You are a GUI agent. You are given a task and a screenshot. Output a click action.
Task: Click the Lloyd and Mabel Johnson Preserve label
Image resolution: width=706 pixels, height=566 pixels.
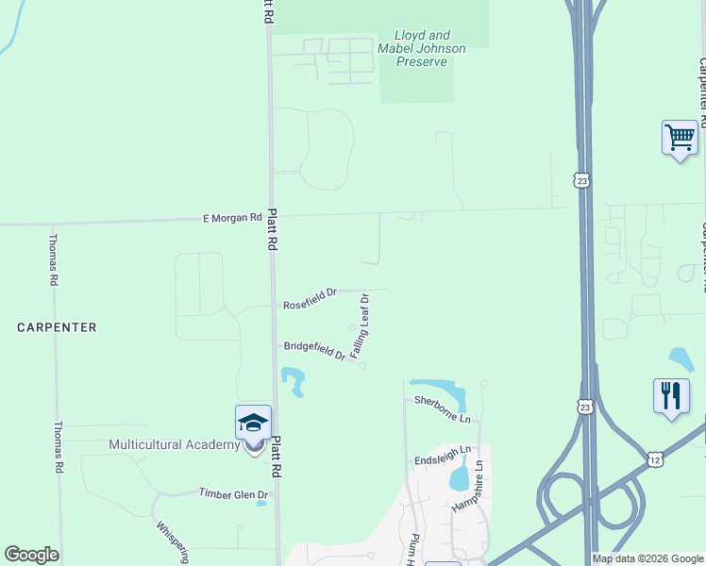point(421,48)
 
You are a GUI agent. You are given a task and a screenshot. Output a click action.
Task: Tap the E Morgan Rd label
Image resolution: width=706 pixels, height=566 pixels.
point(232,218)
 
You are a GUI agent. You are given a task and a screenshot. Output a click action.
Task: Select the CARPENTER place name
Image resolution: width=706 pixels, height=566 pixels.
point(57,327)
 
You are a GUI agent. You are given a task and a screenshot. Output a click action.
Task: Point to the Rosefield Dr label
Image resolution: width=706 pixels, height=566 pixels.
point(311,299)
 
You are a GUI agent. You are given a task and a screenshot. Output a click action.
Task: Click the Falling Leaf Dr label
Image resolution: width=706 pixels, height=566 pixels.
point(361,325)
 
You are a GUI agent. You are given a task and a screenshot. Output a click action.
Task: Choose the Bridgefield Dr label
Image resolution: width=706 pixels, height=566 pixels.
point(314,350)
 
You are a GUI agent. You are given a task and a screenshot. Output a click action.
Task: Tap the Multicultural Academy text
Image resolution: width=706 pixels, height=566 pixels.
point(174,444)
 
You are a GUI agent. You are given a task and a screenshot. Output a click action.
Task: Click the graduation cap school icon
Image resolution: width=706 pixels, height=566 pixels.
point(253,424)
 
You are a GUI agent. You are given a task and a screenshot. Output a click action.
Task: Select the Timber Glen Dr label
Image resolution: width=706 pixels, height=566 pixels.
point(233,493)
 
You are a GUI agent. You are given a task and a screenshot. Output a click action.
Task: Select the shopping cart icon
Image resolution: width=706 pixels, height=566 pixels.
point(680,138)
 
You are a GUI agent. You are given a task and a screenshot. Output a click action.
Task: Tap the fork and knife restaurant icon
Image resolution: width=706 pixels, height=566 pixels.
point(670,395)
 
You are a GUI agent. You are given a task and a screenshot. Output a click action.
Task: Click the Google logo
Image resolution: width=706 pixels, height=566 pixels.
point(31,555)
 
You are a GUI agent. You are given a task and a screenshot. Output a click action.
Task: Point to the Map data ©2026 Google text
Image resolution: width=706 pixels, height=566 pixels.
point(647,558)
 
